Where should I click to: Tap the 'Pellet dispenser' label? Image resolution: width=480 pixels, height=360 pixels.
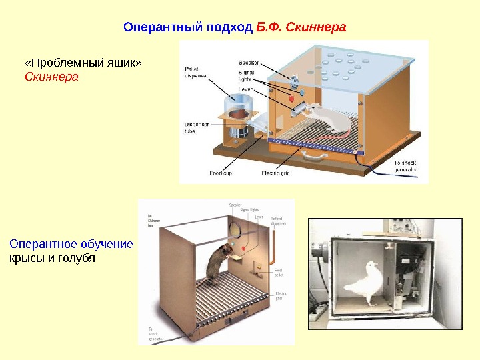coord(196,72)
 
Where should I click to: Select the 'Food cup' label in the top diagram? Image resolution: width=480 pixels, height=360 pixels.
coord(221,173)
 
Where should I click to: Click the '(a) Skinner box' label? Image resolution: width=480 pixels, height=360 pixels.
coord(153,220)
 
